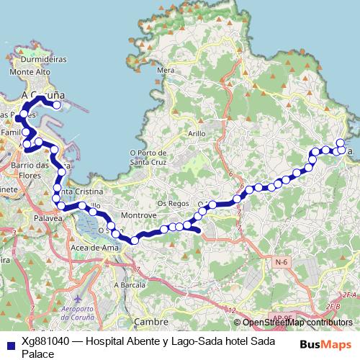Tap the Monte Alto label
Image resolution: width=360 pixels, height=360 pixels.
point(30,72)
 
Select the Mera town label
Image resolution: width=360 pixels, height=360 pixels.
point(166,70)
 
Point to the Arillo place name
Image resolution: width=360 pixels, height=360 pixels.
point(197,133)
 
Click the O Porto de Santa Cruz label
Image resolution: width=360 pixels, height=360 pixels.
point(150,156)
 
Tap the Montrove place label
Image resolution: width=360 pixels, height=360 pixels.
point(139,216)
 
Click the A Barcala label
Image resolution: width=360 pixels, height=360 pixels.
point(130,284)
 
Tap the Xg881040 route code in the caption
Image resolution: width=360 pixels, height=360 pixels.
point(46,343)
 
